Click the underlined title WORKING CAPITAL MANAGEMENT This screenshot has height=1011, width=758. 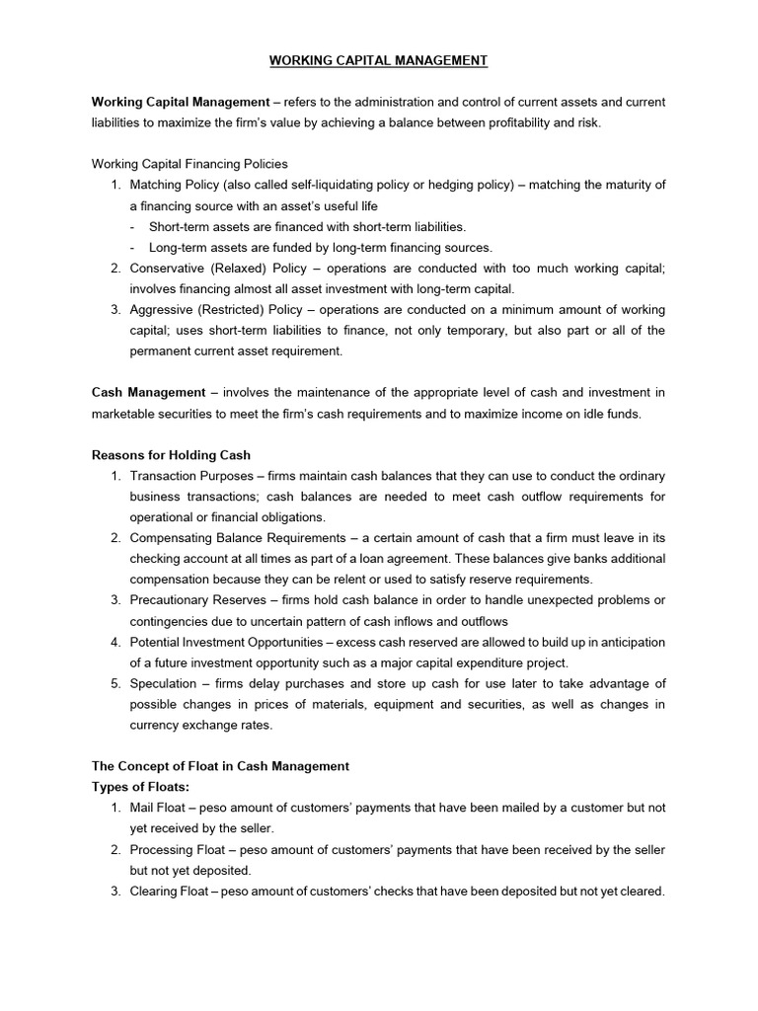click(379, 61)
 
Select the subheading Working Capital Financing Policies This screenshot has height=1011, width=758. click(189, 164)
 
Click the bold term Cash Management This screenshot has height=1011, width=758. click(148, 392)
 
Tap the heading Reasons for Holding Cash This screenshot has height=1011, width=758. click(171, 455)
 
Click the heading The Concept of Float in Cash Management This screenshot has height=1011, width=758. click(220, 766)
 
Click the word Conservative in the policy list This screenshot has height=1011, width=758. click(169, 268)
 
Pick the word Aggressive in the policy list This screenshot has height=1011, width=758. click(166, 309)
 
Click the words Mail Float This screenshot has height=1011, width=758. click(157, 808)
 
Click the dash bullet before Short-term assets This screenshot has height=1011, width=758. click(133, 227)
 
